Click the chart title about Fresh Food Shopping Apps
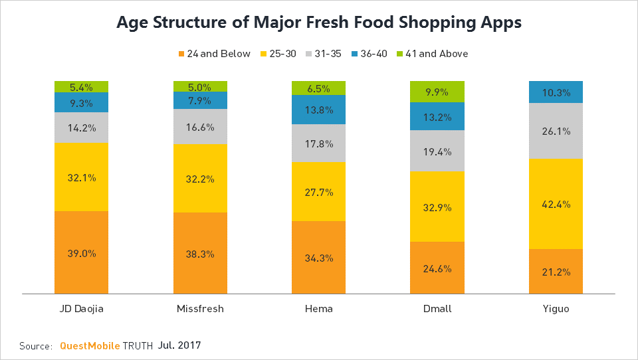coord(319,22)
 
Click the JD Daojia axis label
coord(81,309)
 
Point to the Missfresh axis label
coord(200,309)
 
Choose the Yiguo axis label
coord(556,309)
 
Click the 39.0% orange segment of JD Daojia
coord(81,252)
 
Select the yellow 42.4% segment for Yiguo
coord(556,204)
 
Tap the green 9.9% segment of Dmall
coord(437,91)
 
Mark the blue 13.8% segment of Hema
coord(319,110)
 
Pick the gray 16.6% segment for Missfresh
coord(200,126)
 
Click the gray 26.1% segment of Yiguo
coord(556,131)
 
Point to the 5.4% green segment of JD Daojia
coord(81,86)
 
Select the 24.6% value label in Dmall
coord(437,268)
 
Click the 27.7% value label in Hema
coord(319,192)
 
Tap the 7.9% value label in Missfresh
coord(200,100)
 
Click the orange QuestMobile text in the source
coord(90,346)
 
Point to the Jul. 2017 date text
coord(179,345)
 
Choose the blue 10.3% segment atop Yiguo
coord(556,92)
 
